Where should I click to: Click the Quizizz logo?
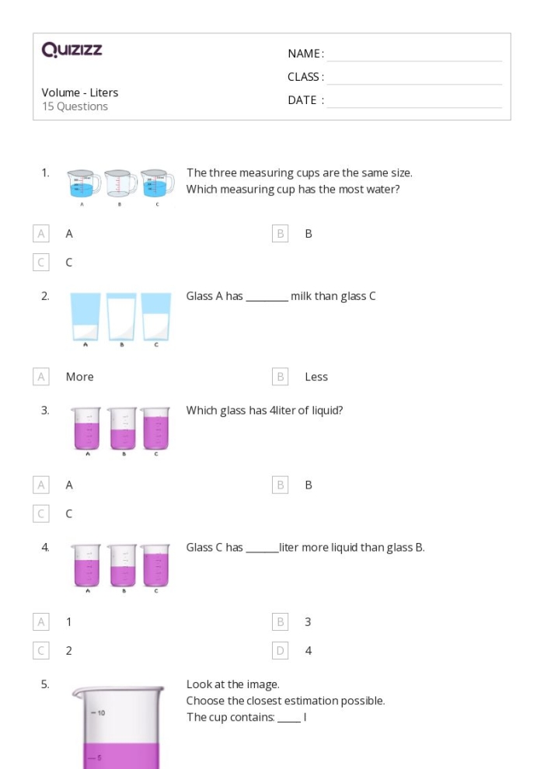click(x=71, y=50)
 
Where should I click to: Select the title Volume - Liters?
click(x=80, y=92)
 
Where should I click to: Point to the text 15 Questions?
click(x=75, y=106)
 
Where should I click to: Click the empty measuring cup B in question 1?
click(x=119, y=184)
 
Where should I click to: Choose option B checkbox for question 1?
click(x=280, y=233)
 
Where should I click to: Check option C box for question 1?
click(x=41, y=263)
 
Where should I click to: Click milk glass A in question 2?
click(x=85, y=316)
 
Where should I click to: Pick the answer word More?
click(x=79, y=377)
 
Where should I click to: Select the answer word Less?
click(x=316, y=377)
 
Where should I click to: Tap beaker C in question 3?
click(x=155, y=428)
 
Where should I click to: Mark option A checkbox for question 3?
click(x=41, y=485)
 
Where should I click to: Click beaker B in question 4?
click(x=122, y=565)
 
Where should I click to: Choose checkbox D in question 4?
click(x=280, y=651)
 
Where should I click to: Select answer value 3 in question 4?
click(x=308, y=622)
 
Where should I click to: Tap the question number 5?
click(x=45, y=684)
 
